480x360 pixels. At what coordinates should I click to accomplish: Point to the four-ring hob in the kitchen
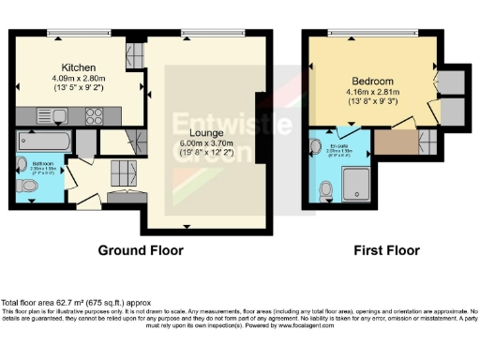[x=95, y=116]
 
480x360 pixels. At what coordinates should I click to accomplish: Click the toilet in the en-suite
[x=325, y=190]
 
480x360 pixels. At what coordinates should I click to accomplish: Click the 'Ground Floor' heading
[x=141, y=250]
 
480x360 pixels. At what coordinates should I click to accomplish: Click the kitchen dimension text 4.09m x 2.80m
[x=82, y=81]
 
